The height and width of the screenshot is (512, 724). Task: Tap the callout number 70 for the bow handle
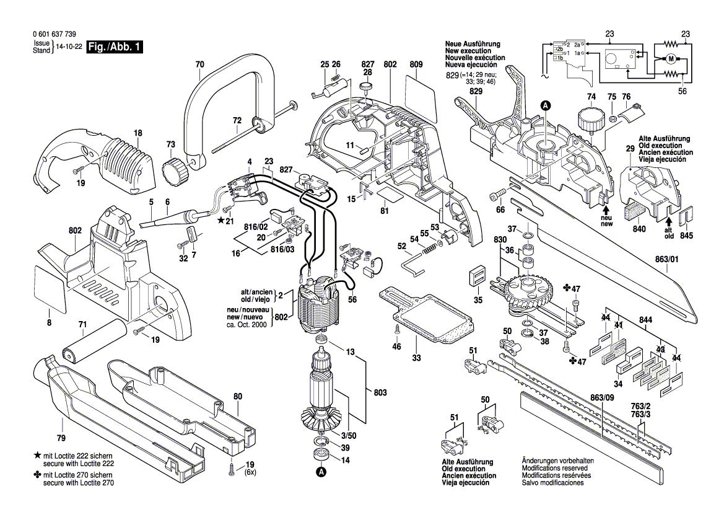pyautogui.click(x=199, y=64)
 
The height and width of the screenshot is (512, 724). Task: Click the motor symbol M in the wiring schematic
pyautogui.click(x=670, y=59)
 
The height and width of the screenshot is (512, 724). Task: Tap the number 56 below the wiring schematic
pyautogui.click(x=683, y=91)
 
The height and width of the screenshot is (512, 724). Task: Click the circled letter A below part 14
pyautogui.click(x=321, y=473)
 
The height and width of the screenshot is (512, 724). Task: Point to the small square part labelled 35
pyautogui.click(x=478, y=276)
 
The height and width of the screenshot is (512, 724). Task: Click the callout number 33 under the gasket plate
pyautogui.click(x=417, y=358)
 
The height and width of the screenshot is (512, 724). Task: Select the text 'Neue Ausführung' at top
pyautogui.click(x=472, y=44)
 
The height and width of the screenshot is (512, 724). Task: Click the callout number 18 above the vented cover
pyautogui.click(x=137, y=133)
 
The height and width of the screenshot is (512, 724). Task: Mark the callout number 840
pyautogui.click(x=639, y=230)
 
